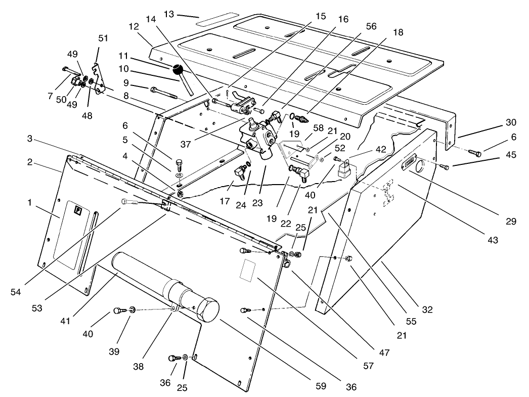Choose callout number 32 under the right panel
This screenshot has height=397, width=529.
tap(428, 309)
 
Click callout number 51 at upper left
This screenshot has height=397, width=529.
tap(103, 37)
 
